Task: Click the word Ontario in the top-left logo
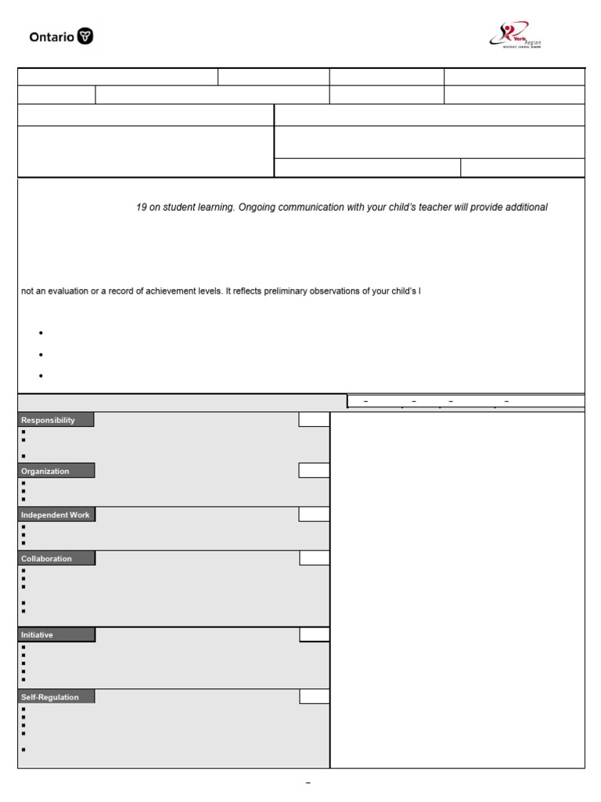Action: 52,37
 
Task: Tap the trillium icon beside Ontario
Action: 85,37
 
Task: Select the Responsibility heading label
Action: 49,421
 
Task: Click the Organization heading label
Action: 45,471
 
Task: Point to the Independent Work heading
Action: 56,515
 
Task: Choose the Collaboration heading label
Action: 47,559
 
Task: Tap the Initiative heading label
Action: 38,635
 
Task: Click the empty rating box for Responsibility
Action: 314,421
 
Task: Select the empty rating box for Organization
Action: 314,471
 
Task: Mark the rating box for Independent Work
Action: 314,515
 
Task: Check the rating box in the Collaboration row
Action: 314,558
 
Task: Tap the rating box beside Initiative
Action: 314,634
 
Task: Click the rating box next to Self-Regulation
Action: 314,697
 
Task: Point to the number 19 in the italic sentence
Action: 142,208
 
